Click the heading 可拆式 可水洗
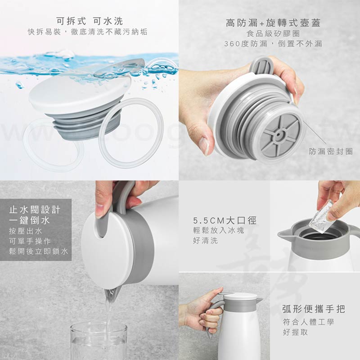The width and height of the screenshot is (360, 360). click(90, 21)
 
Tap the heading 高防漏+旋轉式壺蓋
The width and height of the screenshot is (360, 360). click(273, 23)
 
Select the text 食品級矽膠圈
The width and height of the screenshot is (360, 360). click(273, 33)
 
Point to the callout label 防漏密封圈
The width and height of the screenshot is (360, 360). click(331, 151)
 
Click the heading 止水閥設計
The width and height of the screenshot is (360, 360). click(35, 210)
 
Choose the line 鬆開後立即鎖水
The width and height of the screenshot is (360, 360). click(39, 251)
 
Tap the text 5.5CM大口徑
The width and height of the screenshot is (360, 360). click(225, 220)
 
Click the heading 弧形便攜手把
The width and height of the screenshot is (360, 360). click(313, 309)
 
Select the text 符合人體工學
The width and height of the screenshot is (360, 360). click(308, 322)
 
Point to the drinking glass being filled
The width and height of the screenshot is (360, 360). click(99, 341)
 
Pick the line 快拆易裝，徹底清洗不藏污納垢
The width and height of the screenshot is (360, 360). click(87, 32)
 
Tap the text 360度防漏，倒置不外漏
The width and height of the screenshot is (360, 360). click(273, 44)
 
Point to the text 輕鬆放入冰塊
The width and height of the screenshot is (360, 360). click(218, 230)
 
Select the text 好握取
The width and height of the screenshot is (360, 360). click(295, 332)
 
